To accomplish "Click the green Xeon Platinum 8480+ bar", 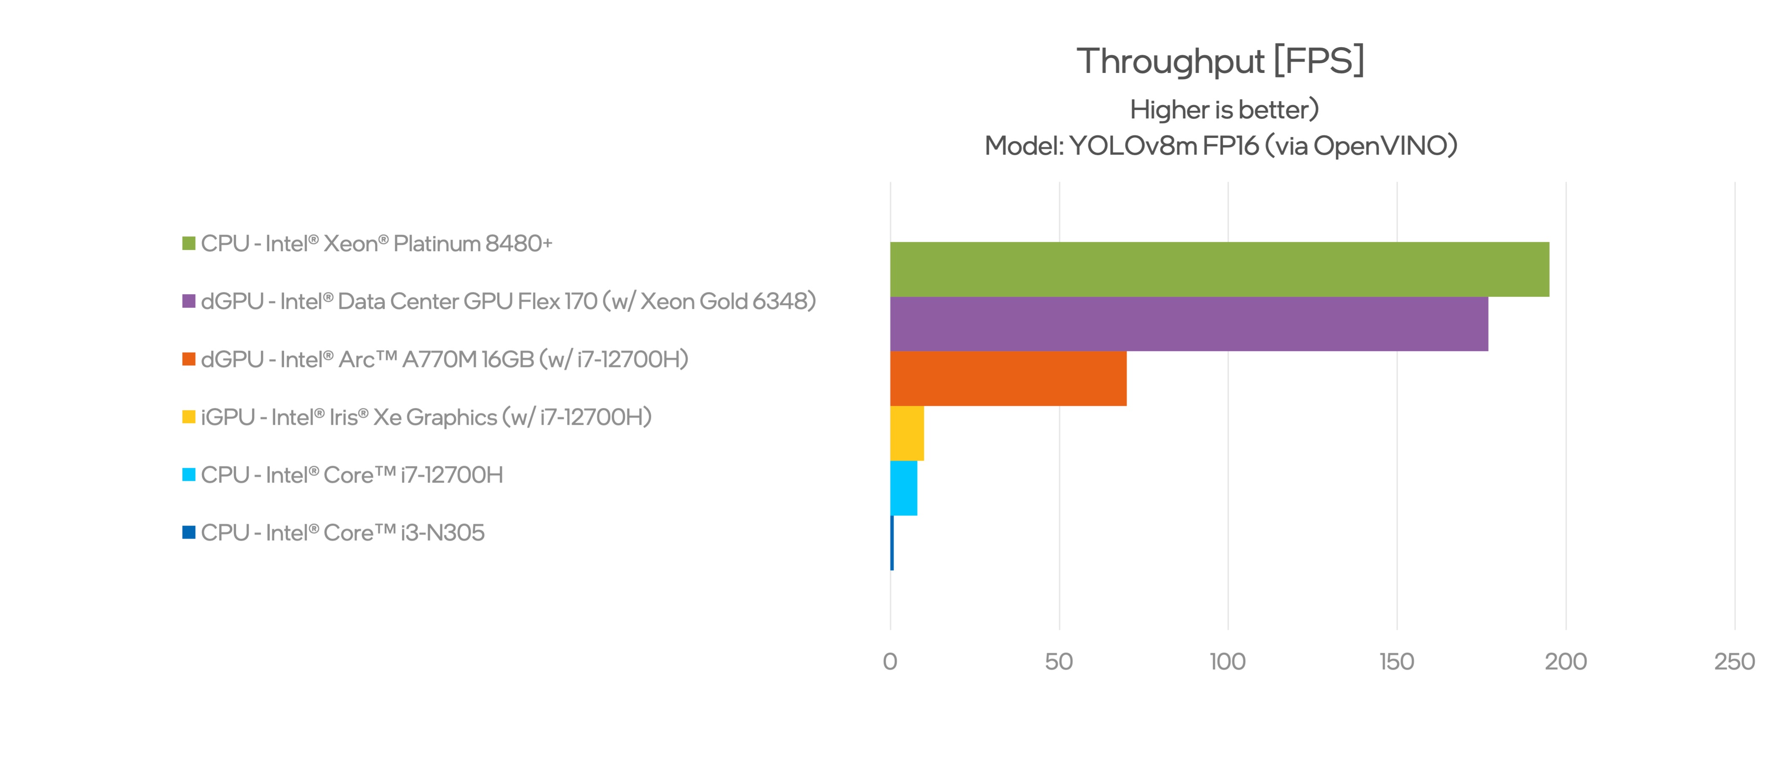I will tap(1219, 269).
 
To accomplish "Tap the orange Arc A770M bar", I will tap(1008, 378).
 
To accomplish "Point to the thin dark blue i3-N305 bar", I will tap(892, 543).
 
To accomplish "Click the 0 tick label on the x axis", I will tap(890, 662).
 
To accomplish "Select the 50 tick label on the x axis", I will tap(1059, 662).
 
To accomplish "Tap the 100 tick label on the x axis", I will tap(1228, 662).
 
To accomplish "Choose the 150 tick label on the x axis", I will tap(1397, 662).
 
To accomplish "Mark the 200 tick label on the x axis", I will tap(1566, 662).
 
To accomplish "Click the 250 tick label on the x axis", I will tap(1734, 662).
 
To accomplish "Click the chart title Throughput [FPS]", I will tap(1220, 61).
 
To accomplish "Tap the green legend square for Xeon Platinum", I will tap(188, 244).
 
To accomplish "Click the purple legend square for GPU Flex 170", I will tap(188, 301).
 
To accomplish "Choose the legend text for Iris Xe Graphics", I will tap(426, 417).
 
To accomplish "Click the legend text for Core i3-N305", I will tap(342, 533).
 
